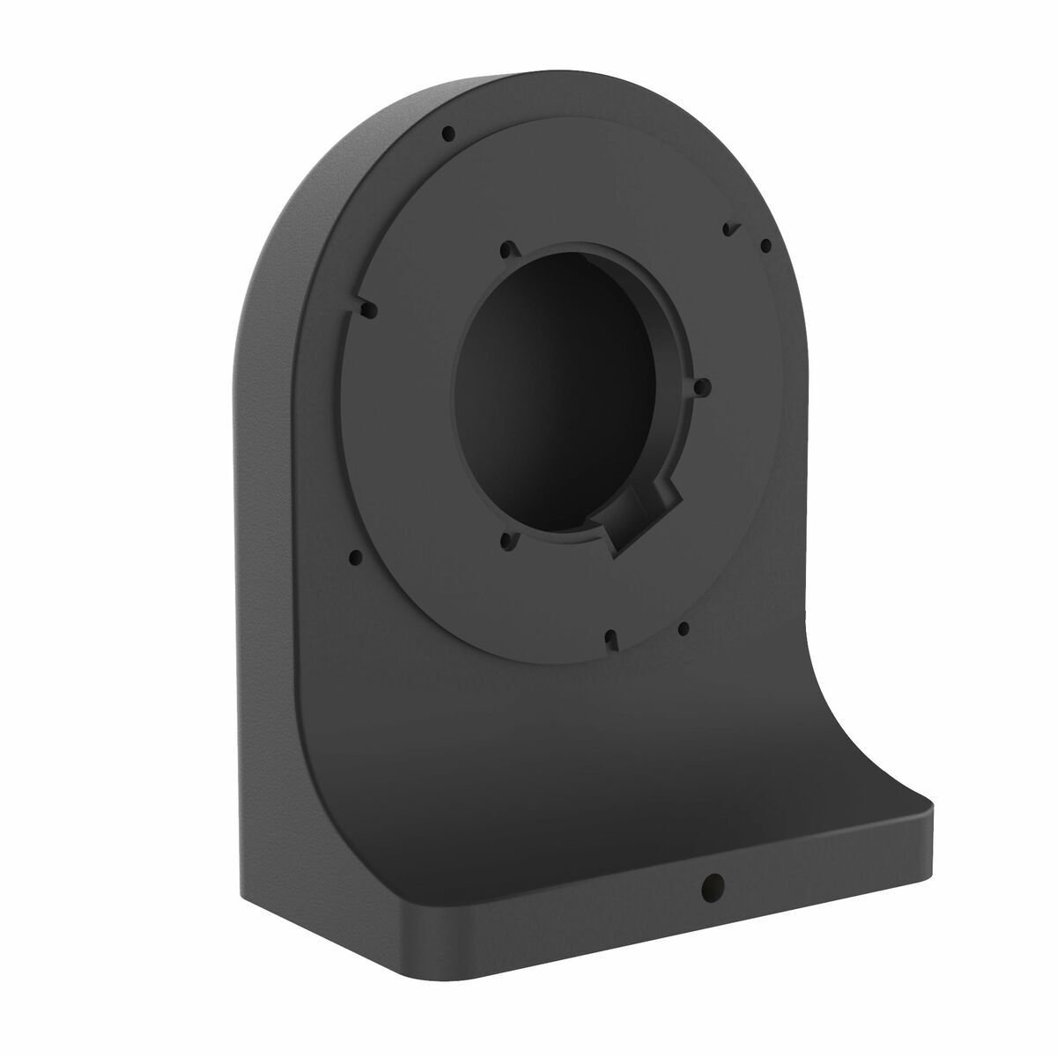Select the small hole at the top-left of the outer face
click(448, 134)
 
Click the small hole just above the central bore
click(505, 250)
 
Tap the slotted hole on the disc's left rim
click(367, 308)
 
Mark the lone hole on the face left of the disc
click(355, 556)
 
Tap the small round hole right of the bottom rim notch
click(683, 628)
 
